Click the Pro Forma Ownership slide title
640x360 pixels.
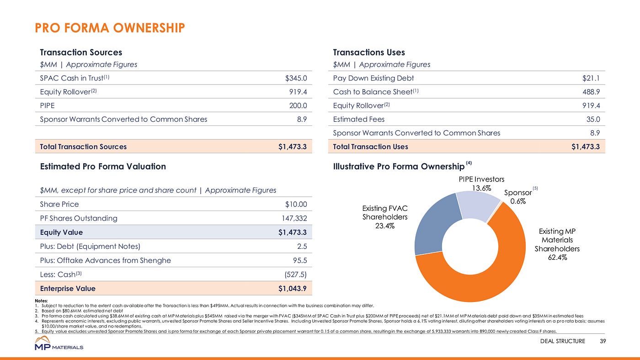coord(110,28)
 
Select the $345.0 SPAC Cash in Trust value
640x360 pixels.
coord(296,78)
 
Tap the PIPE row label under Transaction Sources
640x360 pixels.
coord(47,106)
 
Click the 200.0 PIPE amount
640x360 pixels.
coord(298,106)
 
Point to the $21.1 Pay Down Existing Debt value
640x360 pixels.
coord(591,78)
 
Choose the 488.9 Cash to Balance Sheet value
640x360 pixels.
coord(591,92)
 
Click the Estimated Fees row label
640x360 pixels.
coord(359,119)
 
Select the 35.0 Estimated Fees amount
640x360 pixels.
coord(593,119)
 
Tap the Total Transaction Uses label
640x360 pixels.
coord(371,147)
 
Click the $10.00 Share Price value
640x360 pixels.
coord(296,204)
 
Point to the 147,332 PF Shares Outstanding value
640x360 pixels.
coord(294,218)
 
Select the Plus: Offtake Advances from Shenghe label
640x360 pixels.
coord(106,260)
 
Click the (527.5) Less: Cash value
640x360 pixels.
coord(295,274)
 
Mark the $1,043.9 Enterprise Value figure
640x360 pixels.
coord(293,289)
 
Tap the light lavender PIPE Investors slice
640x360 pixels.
coord(477,206)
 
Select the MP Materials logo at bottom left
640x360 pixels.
coord(59,343)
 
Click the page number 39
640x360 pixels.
coord(603,341)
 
